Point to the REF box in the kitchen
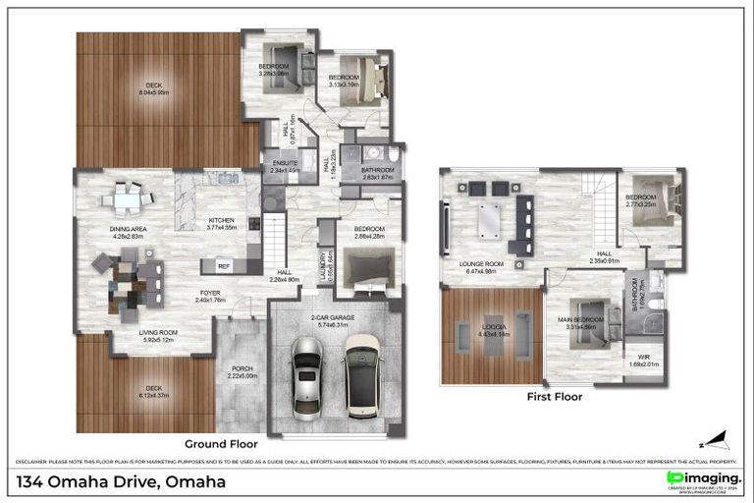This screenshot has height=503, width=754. pos(224,265)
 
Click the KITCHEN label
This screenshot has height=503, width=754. pos(222,223)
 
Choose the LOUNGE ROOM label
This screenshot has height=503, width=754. pos(481,266)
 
